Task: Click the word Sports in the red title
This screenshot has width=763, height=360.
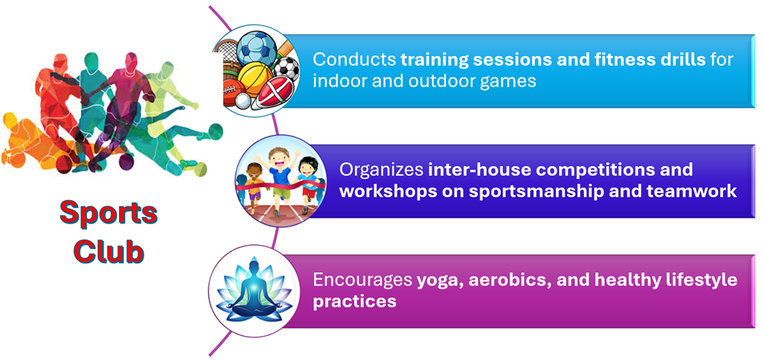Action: [108, 214]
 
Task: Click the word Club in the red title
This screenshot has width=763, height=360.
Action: [109, 252]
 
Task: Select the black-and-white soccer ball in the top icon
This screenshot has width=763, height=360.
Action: [286, 69]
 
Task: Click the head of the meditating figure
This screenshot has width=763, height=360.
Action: [252, 269]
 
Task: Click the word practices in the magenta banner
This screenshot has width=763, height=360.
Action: [354, 301]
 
